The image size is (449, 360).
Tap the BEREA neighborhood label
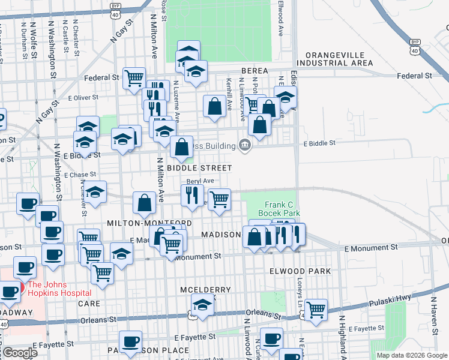254,71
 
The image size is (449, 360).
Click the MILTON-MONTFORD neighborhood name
149,223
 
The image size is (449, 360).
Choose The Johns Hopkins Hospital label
57,289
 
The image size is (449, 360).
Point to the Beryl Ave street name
200,181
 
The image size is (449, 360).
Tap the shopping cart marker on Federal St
134,77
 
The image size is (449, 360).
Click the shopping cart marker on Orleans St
316,309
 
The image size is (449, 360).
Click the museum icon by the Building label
245,145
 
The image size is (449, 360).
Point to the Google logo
19,353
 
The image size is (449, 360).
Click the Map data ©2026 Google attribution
412,355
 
